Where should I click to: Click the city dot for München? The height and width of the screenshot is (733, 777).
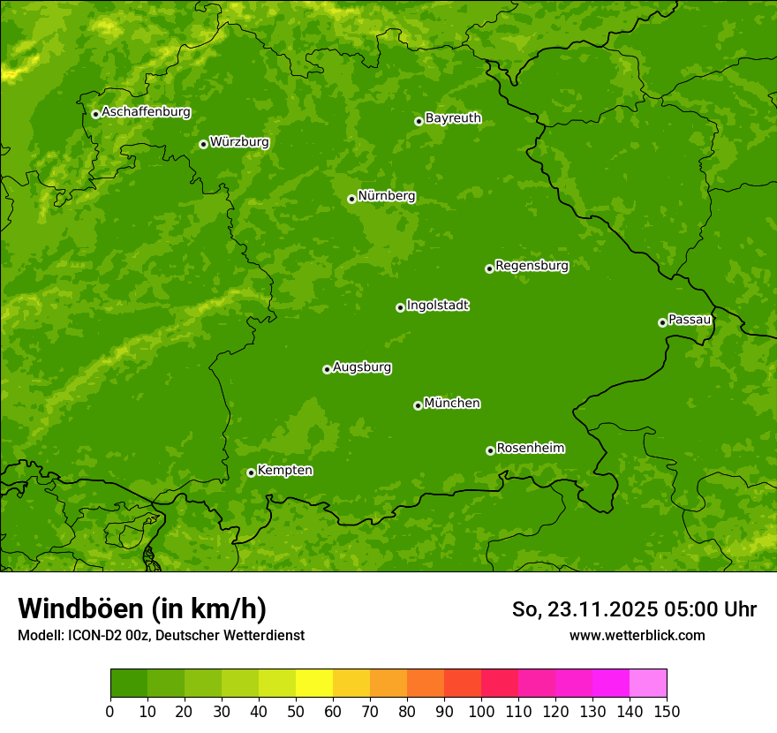(x=418, y=405)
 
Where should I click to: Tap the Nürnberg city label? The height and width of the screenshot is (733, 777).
(x=387, y=196)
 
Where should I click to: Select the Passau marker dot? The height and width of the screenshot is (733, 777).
(x=662, y=322)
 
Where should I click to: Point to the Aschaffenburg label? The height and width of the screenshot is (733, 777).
(x=146, y=112)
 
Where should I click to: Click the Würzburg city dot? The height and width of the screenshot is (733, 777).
(x=203, y=144)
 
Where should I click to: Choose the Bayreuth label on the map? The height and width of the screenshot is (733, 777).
(x=453, y=118)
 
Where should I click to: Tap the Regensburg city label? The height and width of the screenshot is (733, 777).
(x=532, y=266)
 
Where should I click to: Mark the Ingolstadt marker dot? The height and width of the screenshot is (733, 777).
(x=400, y=307)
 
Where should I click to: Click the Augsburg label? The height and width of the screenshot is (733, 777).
(x=362, y=367)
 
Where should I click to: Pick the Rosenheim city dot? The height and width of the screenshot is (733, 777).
(x=490, y=450)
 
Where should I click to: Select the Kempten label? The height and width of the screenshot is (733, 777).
(x=284, y=471)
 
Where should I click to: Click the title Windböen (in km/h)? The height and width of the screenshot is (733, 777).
(x=141, y=609)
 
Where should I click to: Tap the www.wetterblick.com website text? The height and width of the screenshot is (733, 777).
(x=637, y=635)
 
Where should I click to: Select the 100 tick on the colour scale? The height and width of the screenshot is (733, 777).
(x=481, y=711)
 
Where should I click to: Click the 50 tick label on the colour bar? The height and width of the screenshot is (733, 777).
(x=296, y=711)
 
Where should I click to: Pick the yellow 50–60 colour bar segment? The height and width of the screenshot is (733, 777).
(x=314, y=684)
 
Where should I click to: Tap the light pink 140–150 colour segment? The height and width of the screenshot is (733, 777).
(x=648, y=684)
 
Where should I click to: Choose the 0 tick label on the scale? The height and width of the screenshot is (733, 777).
(x=110, y=711)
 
